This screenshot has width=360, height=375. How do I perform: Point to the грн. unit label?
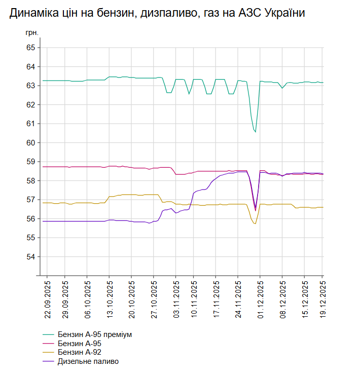32,33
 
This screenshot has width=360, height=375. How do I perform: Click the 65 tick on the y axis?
30,48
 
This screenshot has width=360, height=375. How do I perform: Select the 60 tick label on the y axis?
30,143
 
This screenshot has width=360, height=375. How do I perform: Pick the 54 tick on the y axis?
30,257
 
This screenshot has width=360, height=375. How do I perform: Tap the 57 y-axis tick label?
30,200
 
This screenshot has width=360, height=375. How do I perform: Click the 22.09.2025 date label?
48,299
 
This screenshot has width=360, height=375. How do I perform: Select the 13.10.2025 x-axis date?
110,299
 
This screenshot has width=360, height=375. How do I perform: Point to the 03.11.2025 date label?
176,299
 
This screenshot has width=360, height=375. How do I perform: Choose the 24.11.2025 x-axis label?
238,299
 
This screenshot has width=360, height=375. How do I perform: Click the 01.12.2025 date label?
260,299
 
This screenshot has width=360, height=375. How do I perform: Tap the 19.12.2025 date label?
322,299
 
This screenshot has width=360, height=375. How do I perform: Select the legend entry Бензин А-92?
79,352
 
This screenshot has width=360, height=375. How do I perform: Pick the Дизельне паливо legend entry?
88,361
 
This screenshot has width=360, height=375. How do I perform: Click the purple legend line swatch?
49,361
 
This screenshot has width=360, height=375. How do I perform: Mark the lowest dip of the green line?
255,132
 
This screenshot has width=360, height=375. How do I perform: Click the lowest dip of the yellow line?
255,223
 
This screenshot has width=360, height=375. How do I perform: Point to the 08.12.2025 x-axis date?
282,299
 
